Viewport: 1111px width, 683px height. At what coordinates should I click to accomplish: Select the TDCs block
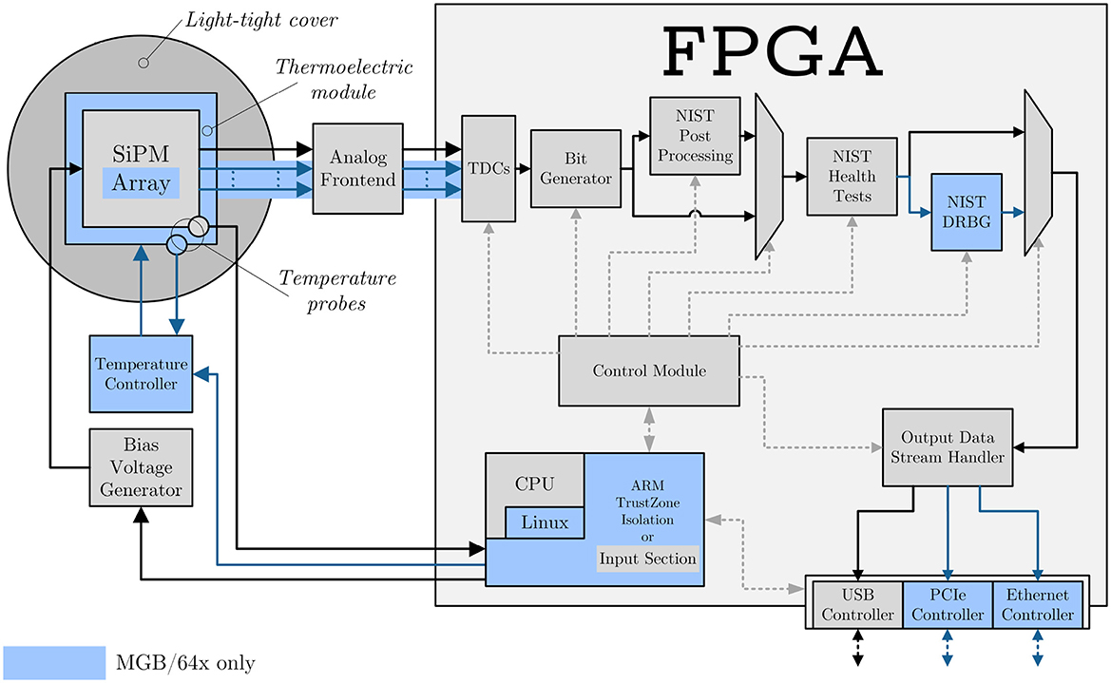(488, 168)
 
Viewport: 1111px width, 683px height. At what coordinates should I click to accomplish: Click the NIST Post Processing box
(694, 135)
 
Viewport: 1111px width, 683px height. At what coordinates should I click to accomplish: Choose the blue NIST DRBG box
(967, 211)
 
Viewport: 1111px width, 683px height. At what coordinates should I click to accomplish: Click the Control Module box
(649, 370)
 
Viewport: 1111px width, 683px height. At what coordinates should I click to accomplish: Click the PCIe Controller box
(946, 604)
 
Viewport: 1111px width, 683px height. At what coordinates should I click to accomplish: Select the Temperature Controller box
(141, 374)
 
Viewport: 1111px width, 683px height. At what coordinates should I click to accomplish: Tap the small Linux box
(545, 522)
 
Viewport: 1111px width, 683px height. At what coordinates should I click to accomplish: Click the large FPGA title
(772, 47)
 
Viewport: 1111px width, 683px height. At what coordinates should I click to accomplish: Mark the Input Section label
(648, 559)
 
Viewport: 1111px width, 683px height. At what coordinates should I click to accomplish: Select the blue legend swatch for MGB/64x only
(53, 661)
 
